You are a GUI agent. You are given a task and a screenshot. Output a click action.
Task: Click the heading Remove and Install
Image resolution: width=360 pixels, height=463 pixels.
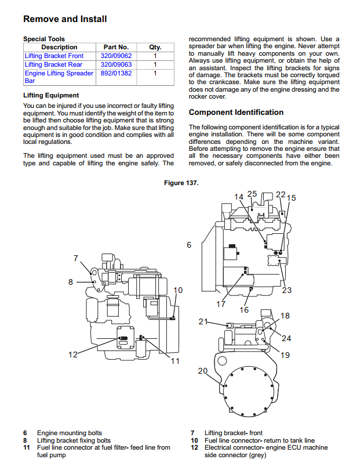click(x=65, y=19)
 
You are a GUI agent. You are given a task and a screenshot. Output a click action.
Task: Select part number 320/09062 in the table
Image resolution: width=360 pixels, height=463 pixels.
click(x=117, y=56)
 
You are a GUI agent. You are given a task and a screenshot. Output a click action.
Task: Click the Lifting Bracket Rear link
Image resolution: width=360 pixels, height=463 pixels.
click(x=53, y=64)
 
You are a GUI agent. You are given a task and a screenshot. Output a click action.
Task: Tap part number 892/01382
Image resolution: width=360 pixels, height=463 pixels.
click(x=117, y=73)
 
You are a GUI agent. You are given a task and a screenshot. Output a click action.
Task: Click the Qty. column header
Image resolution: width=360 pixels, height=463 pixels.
click(x=155, y=47)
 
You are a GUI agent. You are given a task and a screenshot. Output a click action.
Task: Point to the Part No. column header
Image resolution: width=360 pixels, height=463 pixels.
click(x=117, y=47)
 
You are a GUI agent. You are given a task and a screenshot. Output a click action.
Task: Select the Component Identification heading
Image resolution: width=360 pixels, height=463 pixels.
click(x=236, y=113)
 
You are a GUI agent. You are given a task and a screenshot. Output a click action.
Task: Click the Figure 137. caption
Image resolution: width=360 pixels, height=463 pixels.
click(x=181, y=183)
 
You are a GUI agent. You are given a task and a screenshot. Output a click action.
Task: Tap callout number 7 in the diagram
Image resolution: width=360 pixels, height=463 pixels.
click(x=76, y=258)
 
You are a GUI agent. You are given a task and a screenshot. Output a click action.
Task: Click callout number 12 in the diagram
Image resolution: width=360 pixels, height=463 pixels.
click(x=73, y=355)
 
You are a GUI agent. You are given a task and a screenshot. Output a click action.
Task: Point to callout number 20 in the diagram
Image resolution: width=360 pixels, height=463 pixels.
click(x=203, y=371)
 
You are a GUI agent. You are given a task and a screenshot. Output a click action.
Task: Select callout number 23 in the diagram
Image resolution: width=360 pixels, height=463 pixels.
click(x=287, y=290)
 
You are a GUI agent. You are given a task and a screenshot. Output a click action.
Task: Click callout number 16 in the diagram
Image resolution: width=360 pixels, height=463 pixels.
click(x=244, y=310)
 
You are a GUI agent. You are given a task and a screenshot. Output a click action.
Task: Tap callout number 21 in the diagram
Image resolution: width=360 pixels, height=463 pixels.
click(x=203, y=321)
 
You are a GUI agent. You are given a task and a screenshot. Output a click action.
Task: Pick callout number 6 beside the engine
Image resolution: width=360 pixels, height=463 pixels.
click(x=189, y=245)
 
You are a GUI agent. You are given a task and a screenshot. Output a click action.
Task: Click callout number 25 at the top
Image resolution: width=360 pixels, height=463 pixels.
click(x=252, y=194)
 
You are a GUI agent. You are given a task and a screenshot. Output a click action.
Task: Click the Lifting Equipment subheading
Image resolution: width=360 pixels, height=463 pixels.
click(x=51, y=95)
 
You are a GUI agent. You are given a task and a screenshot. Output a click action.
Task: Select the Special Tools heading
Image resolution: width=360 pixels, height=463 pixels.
click(x=44, y=39)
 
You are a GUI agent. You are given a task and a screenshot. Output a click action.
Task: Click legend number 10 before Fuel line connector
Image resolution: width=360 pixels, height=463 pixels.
click(x=194, y=440)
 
